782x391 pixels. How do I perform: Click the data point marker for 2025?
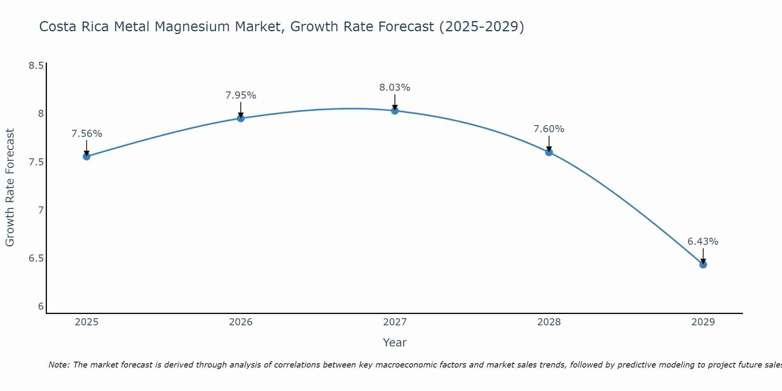coord(86,156)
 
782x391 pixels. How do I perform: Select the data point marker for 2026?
coord(240,118)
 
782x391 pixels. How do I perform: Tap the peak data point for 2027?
coord(395,111)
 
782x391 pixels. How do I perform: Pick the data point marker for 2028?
coord(549,152)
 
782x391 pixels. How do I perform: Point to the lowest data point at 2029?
coord(703,265)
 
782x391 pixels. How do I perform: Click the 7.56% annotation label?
coord(86,134)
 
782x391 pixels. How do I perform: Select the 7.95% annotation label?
coord(240,95)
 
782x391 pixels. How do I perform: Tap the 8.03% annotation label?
coord(395,88)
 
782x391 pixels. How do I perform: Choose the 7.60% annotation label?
coord(549,129)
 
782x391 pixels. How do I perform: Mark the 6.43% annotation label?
coord(703,242)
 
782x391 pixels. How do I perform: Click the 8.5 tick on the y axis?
coord(36,65)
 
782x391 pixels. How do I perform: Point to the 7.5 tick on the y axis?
coord(36,162)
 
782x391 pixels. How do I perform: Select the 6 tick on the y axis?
coord(41,307)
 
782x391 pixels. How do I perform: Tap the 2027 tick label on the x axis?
coord(395,322)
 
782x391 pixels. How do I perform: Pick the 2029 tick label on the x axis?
coord(703,322)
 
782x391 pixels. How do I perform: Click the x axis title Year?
coord(395,343)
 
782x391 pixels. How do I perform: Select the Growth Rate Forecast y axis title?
coord(10,188)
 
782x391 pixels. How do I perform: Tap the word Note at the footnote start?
coord(59,365)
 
